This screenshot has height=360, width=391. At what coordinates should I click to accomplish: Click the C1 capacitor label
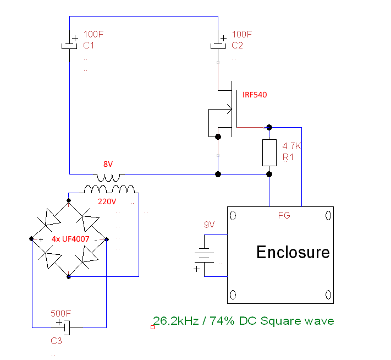pyautogui.click(x=89, y=46)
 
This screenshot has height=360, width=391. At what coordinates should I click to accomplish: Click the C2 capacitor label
pyautogui.click(x=238, y=46)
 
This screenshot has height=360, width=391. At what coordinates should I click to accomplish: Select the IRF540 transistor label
pyautogui.click(x=255, y=95)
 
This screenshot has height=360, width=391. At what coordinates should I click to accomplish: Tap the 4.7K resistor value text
pyautogui.click(x=291, y=147)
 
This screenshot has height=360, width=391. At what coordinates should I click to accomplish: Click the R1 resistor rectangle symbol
pyautogui.click(x=269, y=152)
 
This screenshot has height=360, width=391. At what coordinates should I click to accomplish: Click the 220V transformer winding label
pyautogui.click(x=107, y=201)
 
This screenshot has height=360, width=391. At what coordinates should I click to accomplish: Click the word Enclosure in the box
pyautogui.click(x=293, y=253)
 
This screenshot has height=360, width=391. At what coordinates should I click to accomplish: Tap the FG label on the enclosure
pyautogui.click(x=284, y=215)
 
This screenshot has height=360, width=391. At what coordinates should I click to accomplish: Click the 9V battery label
pyautogui.click(x=210, y=225)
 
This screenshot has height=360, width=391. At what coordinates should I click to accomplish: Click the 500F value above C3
pyautogui.click(x=60, y=313)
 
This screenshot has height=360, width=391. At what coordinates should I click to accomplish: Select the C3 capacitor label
pyautogui.click(x=56, y=341)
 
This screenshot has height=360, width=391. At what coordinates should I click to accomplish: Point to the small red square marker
pyautogui.click(x=152, y=328)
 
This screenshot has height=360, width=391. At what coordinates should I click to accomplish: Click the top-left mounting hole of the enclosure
pyautogui.click(x=233, y=215)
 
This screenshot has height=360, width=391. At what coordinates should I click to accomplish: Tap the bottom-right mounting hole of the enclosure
pyautogui.click(x=328, y=294)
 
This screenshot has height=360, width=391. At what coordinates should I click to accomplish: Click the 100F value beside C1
pyautogui.click(x=93, y=34)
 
